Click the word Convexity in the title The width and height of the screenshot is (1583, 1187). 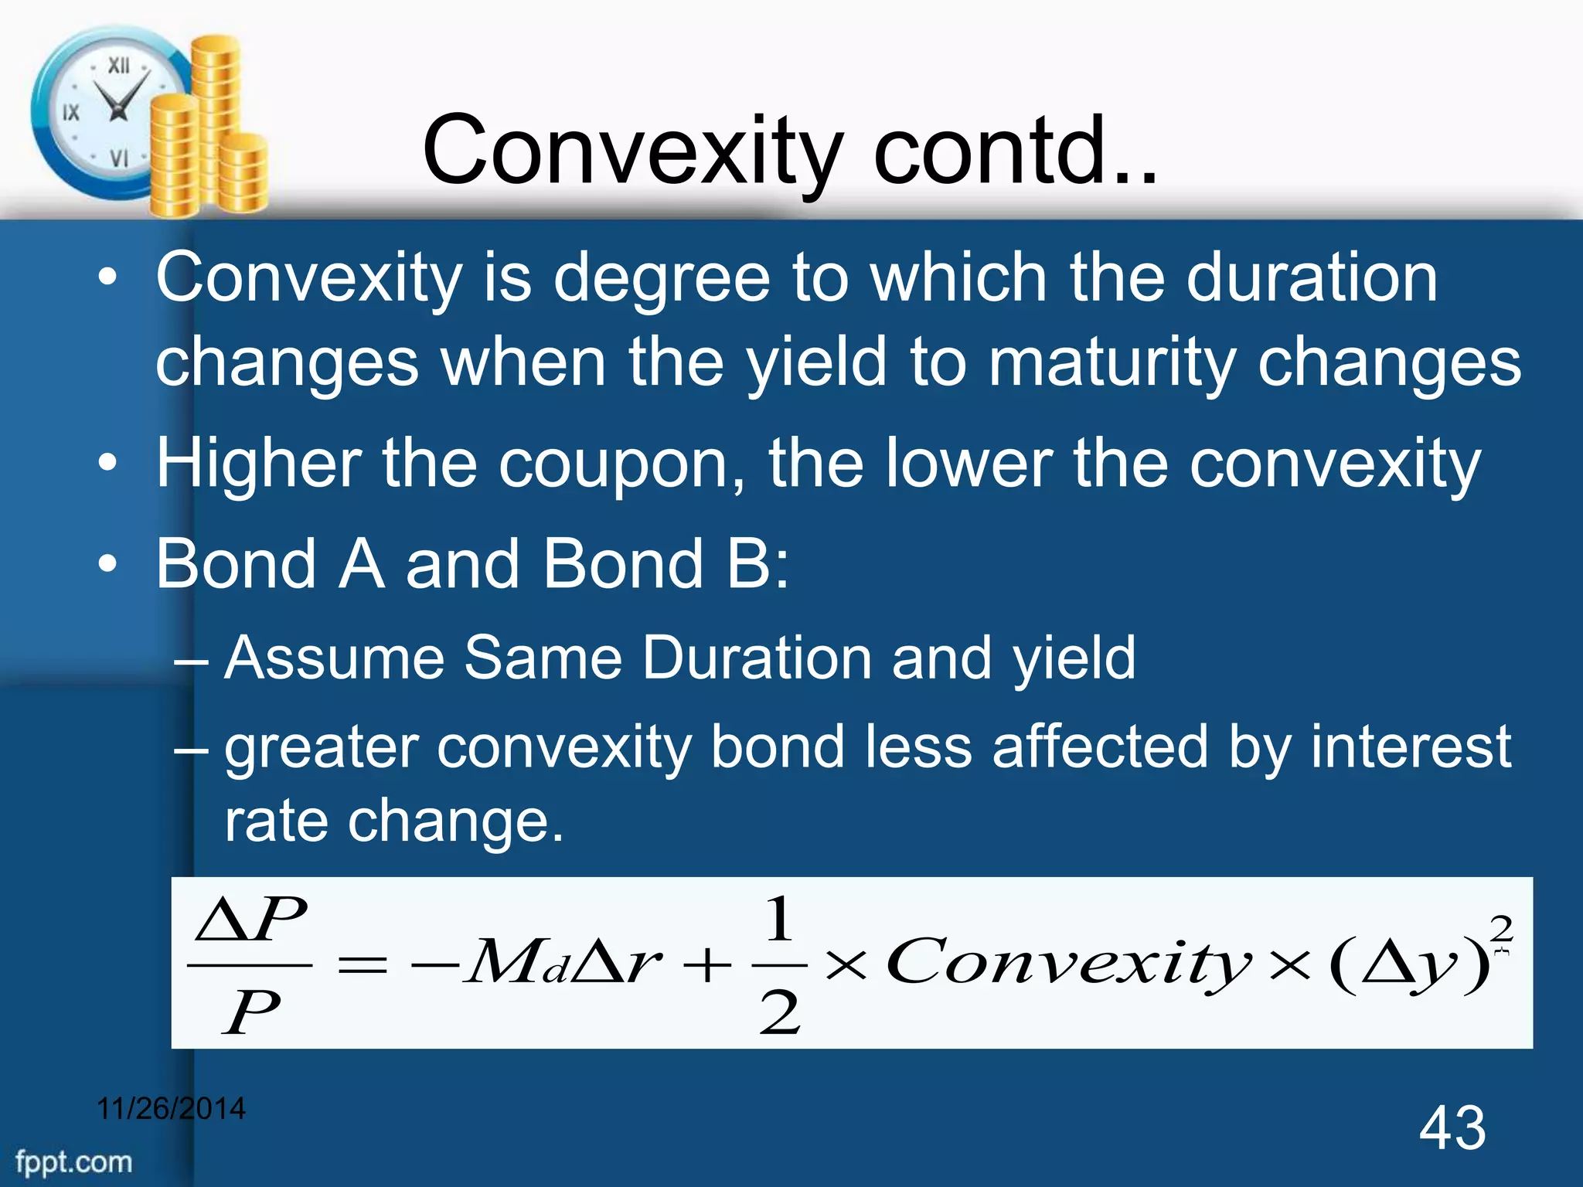pos(632,151)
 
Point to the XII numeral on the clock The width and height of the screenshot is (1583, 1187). pos(118,66)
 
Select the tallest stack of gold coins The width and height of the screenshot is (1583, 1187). pos(216,116)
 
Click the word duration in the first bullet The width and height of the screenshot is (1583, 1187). pos(1311,277)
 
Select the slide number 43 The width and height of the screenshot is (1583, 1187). pos(1452,1127)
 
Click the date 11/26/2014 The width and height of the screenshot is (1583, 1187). pos(171,1108)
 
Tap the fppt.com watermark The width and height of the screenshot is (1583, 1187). pos(74,1161)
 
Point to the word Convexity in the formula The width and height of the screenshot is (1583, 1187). pos(1067,962)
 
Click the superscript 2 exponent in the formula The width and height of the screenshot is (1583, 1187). pos(1500,927)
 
